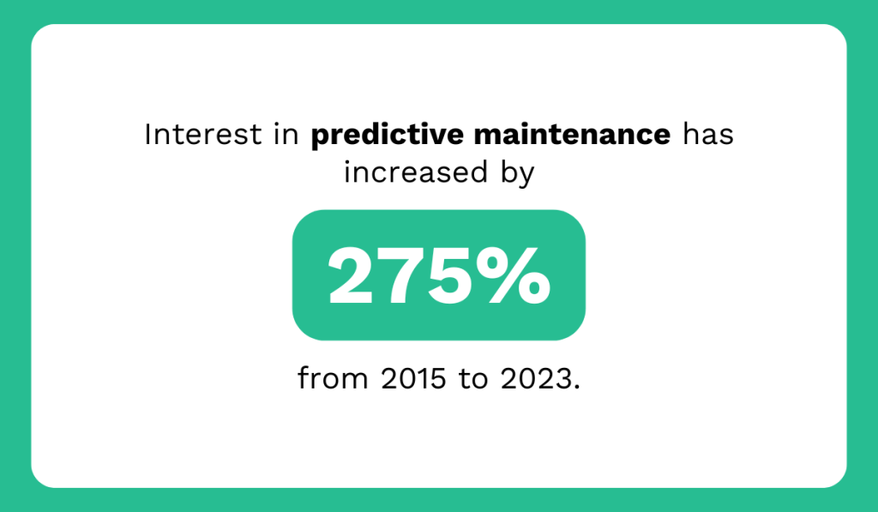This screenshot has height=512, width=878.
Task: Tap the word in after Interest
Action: tap(289, 136)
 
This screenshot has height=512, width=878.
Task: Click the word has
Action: tap(707, 136)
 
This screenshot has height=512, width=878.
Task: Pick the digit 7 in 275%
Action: tap(409, 277)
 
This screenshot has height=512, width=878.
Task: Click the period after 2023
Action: tap(576, 387)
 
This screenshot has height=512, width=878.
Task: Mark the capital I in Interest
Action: tap(148, 136)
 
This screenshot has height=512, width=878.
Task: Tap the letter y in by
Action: tap(527, 176)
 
